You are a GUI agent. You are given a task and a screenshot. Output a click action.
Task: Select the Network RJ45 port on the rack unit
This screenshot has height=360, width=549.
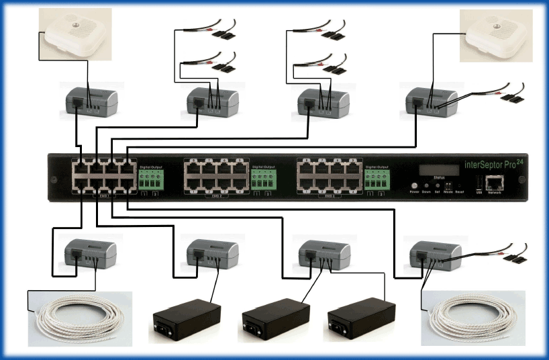click(x=495, y=181)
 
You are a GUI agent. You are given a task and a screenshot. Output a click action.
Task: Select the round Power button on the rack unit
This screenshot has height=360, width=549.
click(x=415, y=184)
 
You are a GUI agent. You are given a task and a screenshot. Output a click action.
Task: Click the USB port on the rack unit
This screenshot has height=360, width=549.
click(x=478, y=183)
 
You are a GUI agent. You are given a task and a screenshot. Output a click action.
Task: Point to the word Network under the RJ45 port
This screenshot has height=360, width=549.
click(x=495, y=193)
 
